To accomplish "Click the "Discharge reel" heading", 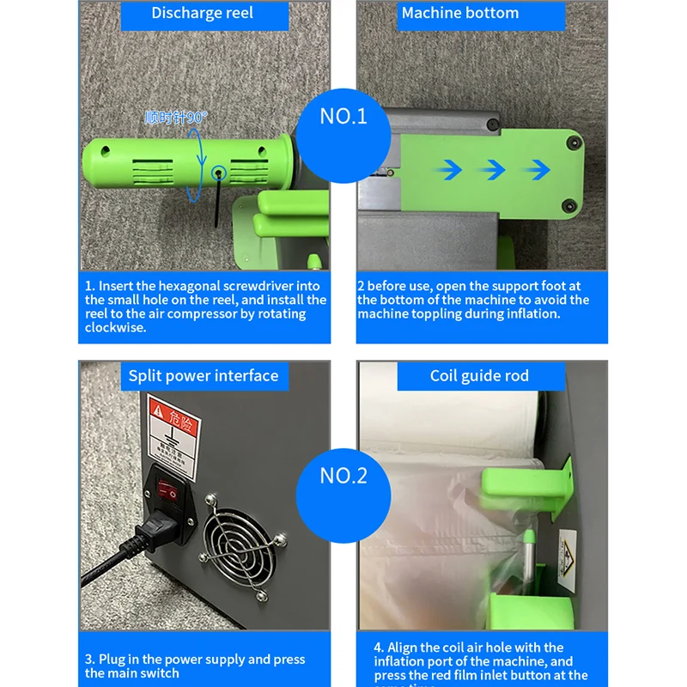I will [202, 13].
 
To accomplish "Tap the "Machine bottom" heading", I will [460, 13].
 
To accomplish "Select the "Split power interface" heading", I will [204, 375].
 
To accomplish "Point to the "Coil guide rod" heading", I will [479, 375].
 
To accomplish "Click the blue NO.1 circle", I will [343, 116].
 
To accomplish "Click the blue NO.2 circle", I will [343, 476].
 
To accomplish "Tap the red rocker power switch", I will [173, 491].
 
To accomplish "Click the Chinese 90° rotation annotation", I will [176, 117].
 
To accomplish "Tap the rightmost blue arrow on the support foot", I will [538, 169].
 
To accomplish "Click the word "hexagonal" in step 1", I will [185, 286].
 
